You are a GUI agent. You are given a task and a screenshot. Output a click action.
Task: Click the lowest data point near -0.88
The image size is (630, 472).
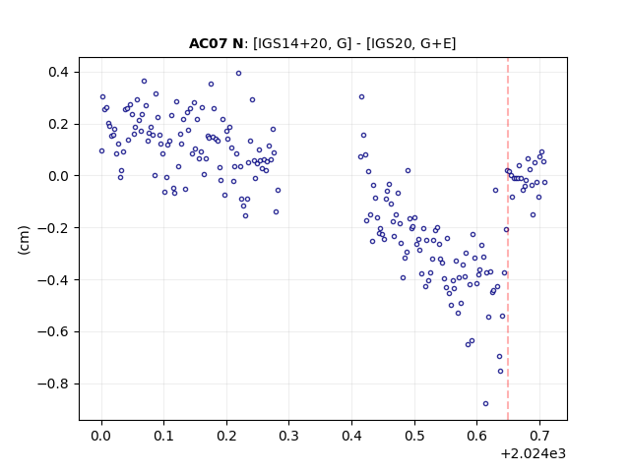coord(485,404)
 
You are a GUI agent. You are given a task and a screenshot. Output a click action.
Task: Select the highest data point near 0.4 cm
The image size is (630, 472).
coord(238,74)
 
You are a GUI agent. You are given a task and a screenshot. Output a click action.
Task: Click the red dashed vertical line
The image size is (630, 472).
coord(508,239)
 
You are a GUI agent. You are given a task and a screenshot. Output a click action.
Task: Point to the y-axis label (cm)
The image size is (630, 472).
coord(24,240)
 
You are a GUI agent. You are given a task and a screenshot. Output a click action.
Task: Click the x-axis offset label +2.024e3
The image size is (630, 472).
coord(533,453)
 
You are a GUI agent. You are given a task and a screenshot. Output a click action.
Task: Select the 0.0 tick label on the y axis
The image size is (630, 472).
coord(59,176)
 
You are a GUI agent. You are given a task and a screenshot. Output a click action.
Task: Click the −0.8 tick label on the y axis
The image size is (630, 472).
coord(53,384)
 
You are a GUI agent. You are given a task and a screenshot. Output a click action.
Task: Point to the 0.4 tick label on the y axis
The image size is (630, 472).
coord(59,72)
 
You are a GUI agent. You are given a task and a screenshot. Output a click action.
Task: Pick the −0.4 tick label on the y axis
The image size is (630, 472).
coord(53,280)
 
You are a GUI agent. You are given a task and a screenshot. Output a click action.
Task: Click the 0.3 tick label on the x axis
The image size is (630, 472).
coord(288,436)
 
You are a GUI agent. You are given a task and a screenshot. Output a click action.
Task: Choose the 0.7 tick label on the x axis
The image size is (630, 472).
coord(539,436)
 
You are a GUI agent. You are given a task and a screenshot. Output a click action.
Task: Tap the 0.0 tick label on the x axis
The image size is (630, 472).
coord(101,436)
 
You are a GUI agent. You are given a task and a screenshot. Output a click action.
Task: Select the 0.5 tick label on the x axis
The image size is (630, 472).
coord(414,436)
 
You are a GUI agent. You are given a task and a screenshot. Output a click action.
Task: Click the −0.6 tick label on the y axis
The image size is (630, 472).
coord(53,332)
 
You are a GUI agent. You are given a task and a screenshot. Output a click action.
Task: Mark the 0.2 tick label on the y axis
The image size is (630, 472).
coord(59,125)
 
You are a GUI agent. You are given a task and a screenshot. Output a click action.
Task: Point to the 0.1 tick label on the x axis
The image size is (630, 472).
coord(164,436)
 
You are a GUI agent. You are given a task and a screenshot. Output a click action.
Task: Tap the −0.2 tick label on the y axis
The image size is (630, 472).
coord(53,228)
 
